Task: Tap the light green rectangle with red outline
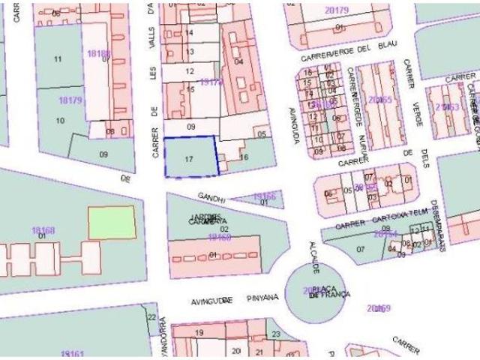(112, 222)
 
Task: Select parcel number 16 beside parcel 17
(244, 157)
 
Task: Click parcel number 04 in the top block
(239, 61)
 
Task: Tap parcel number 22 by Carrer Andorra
(151, 318)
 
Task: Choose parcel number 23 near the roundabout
(276, 334)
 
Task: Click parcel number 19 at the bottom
(199, 332)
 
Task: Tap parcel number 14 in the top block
(190, 34)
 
